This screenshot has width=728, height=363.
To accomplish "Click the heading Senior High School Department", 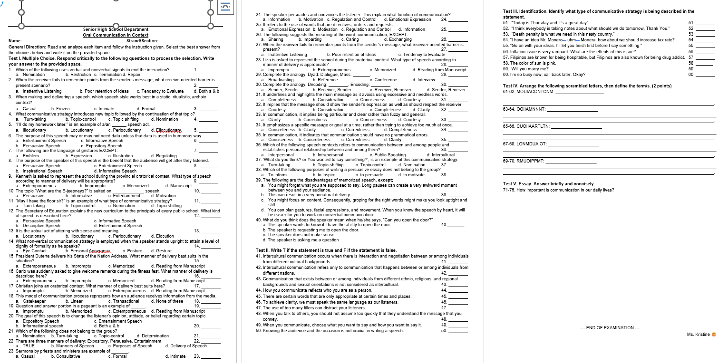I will pyautogui.click(x=116, y=29).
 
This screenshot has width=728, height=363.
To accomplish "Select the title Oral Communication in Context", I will pyautogui.click(x=116, y=35).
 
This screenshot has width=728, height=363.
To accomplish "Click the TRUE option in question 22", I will pyautogui.click(x=22, y=346).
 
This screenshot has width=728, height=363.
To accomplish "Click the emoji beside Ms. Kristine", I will pyautogui.click(x=713, y=334).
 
